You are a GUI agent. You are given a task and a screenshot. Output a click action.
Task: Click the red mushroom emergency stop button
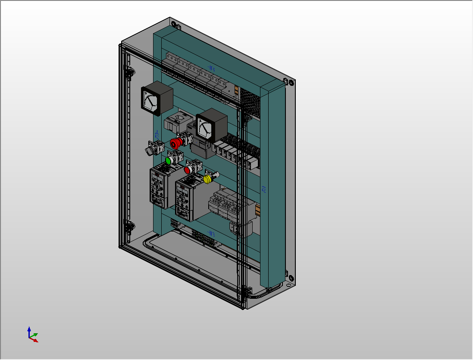click(x=175, y=142)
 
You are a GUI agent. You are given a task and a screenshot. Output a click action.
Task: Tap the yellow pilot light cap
click(x=207, y=178)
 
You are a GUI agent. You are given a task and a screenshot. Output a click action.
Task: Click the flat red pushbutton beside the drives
click(x=188, y=170)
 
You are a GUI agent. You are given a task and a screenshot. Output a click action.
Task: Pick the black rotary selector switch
click(x=149, y=150)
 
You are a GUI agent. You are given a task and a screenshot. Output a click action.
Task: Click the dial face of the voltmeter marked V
click(x=150, y=102)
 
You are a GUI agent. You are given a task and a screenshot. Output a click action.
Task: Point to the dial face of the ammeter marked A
click(x=204, y=127)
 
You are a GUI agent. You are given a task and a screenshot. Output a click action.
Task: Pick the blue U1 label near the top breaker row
click(x=211, y=68)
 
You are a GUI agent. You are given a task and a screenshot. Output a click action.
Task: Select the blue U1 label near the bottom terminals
click(x=211, y=233)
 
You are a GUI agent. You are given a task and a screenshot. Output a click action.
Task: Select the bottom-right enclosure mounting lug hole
click(x=291, y=277)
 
